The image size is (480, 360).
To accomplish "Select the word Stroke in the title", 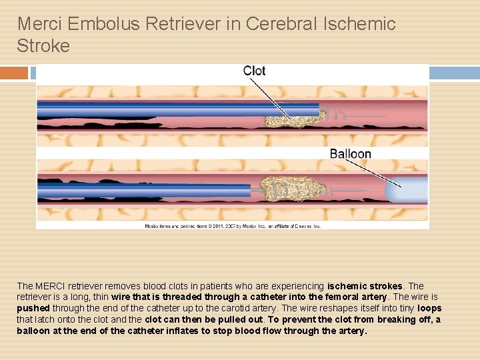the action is point(43,46).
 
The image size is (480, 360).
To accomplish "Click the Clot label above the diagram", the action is point(254,71).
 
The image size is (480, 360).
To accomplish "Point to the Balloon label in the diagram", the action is point(350,154).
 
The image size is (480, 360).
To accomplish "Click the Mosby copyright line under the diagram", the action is point(233,226).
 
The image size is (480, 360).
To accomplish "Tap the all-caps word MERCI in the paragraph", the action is point(51,286).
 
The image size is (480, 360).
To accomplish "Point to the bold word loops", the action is point(429,309).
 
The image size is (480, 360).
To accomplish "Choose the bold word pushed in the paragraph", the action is point(33,309).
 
